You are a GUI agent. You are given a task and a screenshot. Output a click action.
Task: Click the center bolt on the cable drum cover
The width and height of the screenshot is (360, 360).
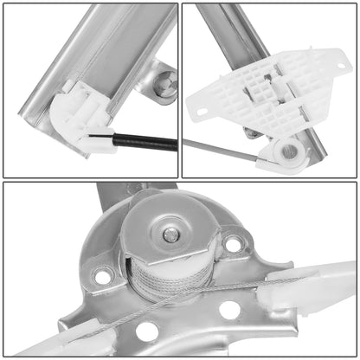tap(172, 235)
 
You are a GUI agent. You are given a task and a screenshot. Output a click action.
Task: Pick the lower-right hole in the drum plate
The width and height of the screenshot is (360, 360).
tap(229, 310)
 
